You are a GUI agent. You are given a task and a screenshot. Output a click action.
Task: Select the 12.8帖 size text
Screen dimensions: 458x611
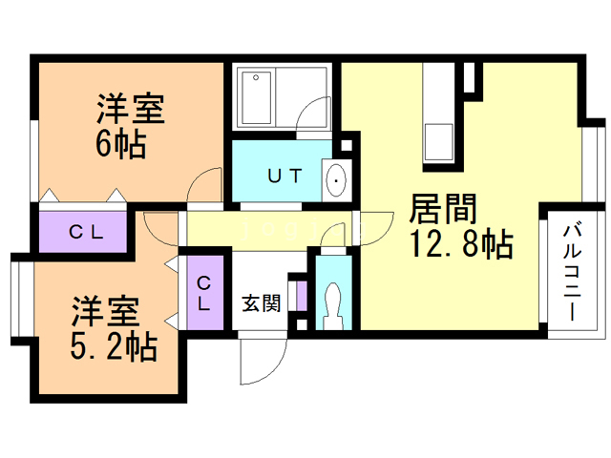click(x=461, y=245)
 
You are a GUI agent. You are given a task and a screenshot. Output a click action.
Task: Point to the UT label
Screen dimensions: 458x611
click(x=284, y=176)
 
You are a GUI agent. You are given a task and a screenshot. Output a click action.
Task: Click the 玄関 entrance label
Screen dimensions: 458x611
click(x=260, y=304)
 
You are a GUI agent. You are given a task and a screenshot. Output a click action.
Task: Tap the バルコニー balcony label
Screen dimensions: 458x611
click(x=572, y=272)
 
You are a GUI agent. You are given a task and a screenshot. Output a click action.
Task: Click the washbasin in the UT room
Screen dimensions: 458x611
click(x=336, y=178)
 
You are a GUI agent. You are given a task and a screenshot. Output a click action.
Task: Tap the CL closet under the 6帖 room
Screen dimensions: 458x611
click(x=83, y=230)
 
